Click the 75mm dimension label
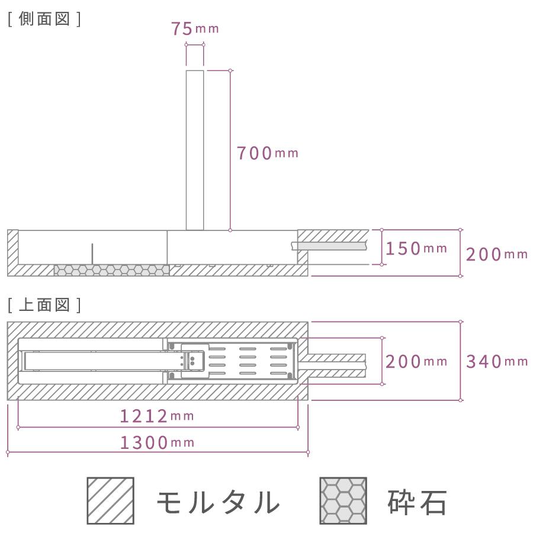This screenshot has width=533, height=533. (x=195, y=28)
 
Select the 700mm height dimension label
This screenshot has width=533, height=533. (x=268, y=153)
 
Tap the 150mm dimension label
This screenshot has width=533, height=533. (x=416, y=249)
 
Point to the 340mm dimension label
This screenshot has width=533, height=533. (x=497, y=361)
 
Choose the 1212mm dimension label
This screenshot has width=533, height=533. (x=157, y=416)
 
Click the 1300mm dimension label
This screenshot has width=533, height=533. (x=157, y=442)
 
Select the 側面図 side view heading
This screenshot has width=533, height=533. (x=44, y=19)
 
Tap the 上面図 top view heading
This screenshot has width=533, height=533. (x=44, y=305)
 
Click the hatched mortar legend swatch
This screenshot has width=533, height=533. (x=111, y=500)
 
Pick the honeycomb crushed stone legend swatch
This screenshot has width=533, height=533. (x=343, y=500)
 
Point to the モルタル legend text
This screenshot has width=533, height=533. (x=218, y=502)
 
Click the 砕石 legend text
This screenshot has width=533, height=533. (x=417, y=502)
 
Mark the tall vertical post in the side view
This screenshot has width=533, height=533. (x=195, y=150)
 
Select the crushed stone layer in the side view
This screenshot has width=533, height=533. (x=112, y=270)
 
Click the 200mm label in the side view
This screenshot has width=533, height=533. (x=497, y=254)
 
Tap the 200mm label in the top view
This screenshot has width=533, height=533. (x=416, y=361)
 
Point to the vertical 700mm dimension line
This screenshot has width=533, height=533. (x=230, y=150)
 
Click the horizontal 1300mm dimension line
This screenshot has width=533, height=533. (x=158, y=452)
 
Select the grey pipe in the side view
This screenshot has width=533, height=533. (x=330, y=246)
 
